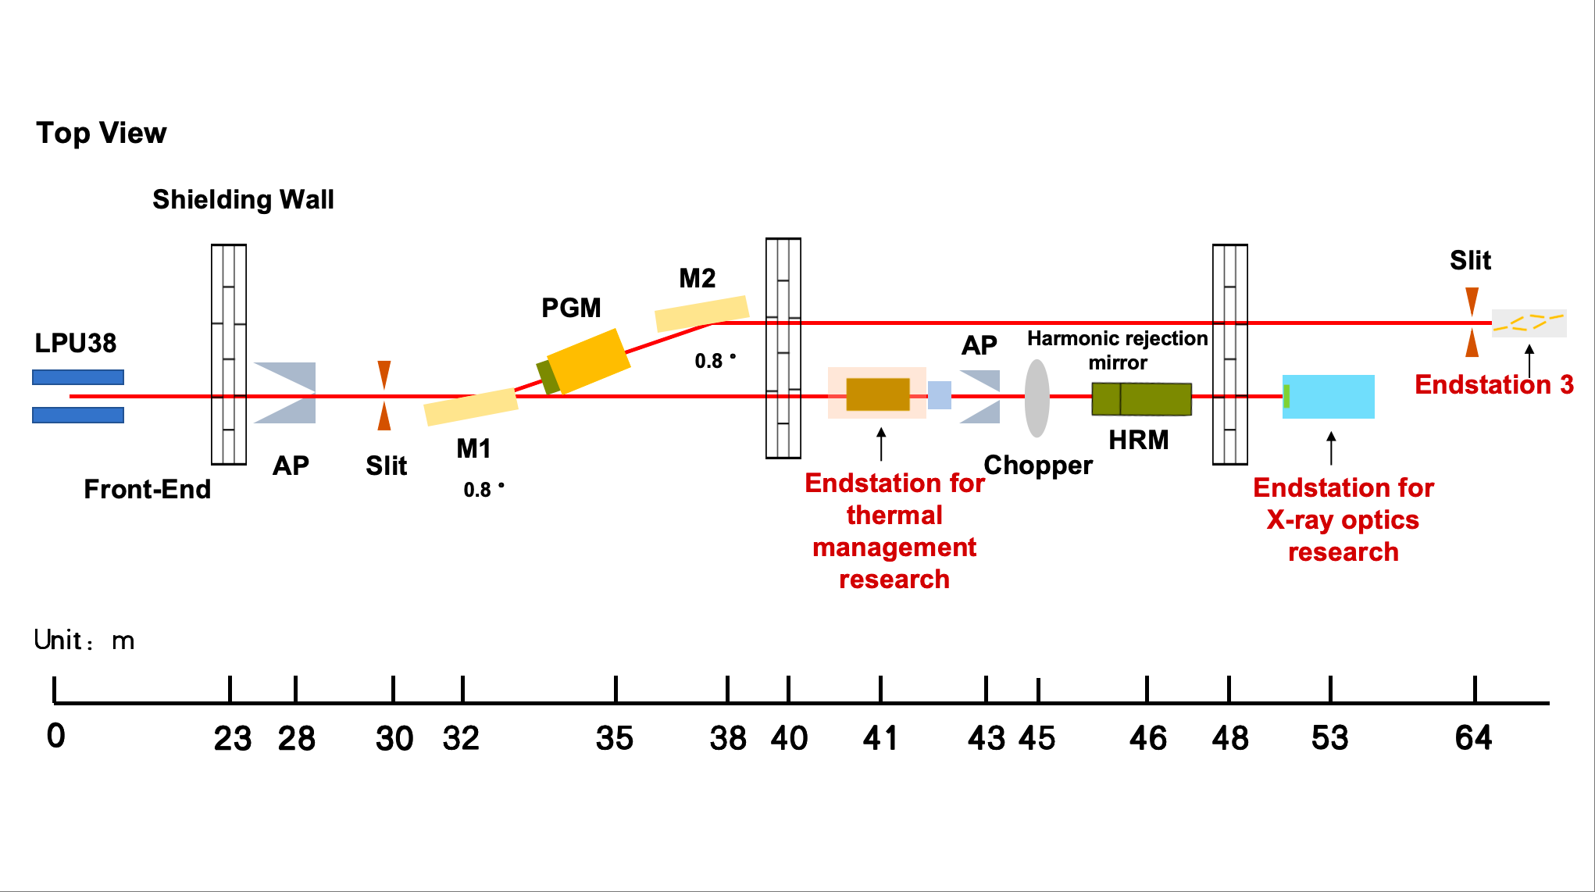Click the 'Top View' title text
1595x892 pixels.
pyautogui.click(x=102, y=134)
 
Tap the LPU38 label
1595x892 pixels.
pyautogui.click(x=76, y=343)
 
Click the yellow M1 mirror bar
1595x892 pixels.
pyautogui.click(x=471, y=406)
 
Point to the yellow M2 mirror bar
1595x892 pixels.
pyautogui.click(x=701, y=312)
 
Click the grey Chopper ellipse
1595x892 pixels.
pyautogui.click(x=1037, y=398)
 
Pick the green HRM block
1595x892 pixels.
pyautogui.click(x=1141, y=398)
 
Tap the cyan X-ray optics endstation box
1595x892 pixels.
pyautogui.click(x=1329, y=397)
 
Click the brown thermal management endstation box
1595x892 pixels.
pyautogui.click(x=878, y=394)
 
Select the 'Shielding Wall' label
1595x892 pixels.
pyautogui.click(x=243, y=200)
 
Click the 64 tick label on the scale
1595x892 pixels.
pyautogui.click(x=1473, y=738)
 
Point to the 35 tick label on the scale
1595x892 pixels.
pyautogui.click(x=615, y=738)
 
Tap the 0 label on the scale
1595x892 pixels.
pyautogui.click(x=56, y=736)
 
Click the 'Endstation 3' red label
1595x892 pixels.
pyautogui.click(x=1493, y=384)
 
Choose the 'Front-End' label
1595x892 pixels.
pyautogui.click(x=148, y=489)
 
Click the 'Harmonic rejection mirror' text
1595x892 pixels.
pyautogui.click(x=1117, y=350)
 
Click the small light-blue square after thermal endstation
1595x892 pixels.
pyautogui.click(x=940, y=395)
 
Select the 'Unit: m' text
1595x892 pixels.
pyautogui.click(x=84, y=640)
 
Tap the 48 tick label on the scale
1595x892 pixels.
pyautogui.click(x=1230, y=738)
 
